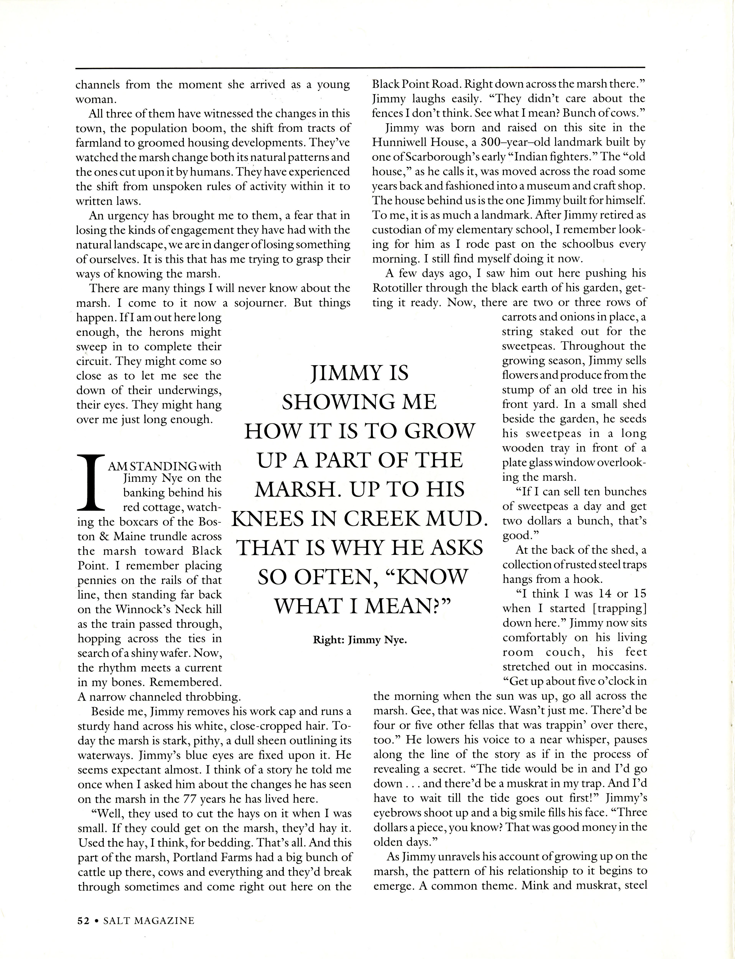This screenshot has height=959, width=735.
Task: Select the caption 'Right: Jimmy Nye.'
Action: (x=360, y=640)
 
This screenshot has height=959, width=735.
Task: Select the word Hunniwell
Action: (x=401, y=142)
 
